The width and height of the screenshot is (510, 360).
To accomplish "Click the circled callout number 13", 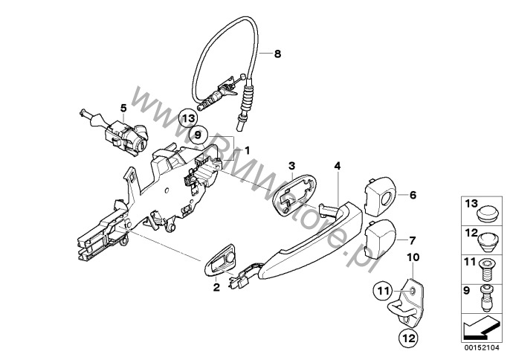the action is [x=188, y=118].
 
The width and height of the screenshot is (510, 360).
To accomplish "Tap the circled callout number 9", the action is [x=198, y=135].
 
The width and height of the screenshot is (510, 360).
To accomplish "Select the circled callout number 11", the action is [x=383, y=291].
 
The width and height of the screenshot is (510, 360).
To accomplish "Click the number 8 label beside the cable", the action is [x=277, y=54].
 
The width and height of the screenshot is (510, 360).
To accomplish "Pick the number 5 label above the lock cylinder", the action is [x=123, y=107].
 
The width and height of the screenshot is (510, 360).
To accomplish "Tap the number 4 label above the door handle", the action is [x=338, y=166].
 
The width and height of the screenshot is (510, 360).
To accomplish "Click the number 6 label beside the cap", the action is [x=413, y=195].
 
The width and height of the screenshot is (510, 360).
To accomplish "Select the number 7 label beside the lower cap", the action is [x=412, y=240].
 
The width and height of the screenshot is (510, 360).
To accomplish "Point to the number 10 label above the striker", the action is [x=413, y=257].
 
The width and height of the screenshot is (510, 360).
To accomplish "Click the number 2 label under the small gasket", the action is [x=216, y=287].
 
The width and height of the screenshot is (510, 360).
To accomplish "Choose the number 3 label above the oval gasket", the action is [x=291, y=165].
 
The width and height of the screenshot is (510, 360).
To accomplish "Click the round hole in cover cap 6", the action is [x=387, y=199].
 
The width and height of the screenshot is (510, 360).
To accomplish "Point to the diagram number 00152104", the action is [x=482, y=347].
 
